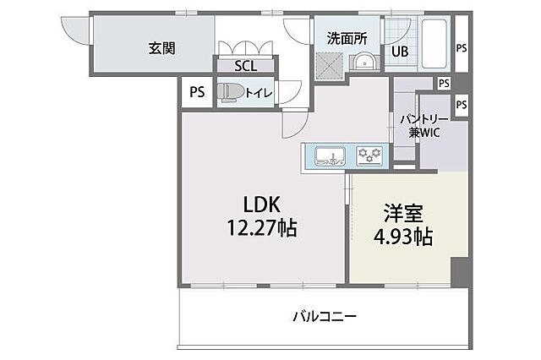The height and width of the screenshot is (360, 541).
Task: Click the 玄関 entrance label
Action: tap(162, 47)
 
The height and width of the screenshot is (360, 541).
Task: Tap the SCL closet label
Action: tap(242, 66)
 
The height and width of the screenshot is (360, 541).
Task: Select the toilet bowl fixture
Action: tap(229, 92)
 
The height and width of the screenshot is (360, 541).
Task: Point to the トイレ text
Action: tap(258, 93)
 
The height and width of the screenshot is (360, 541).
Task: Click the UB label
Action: tap(398, 51)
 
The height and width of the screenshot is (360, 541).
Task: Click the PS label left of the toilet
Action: tap(196, 93)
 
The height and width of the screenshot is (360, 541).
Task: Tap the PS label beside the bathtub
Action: tap(462, 48)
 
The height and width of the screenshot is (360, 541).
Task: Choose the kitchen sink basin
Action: tap(329, 155)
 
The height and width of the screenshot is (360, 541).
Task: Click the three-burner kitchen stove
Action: tap(369, 155)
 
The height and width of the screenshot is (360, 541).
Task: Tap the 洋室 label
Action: tap(403, 212)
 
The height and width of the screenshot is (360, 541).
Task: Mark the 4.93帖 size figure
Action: tap(403, 236)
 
